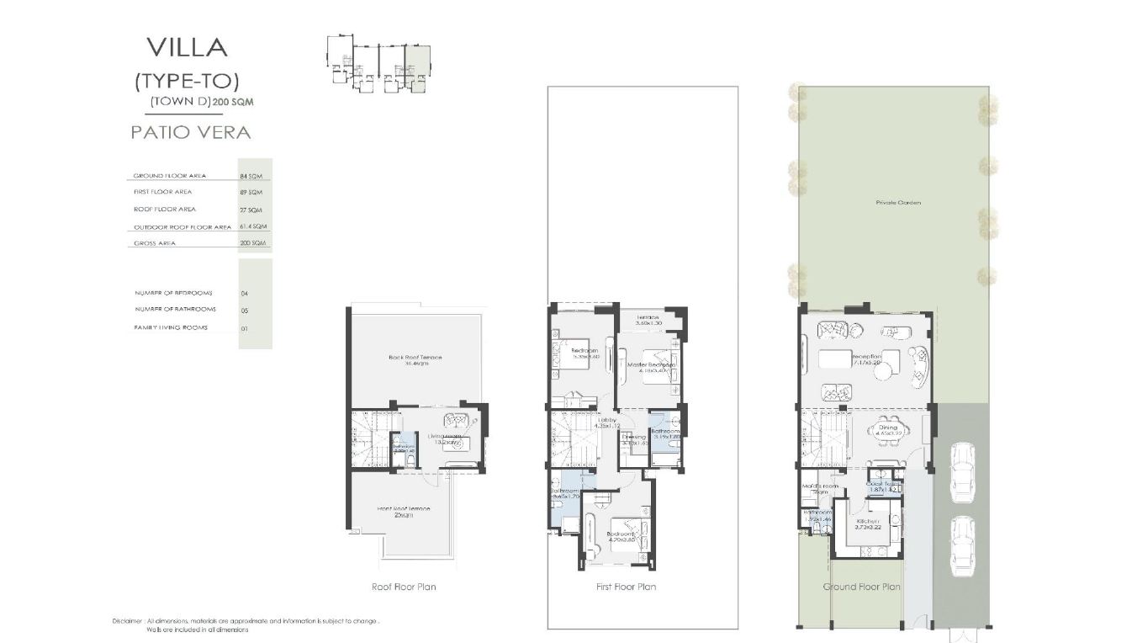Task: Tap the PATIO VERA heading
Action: [x=191, y=132]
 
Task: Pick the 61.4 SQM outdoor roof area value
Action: [x=253, y=227]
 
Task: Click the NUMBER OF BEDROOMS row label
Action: [x=173, y=293]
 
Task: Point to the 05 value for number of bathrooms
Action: [x=245, y=311]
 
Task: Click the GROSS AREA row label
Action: [x=155, y=243]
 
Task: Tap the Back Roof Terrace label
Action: [x=415, y=358]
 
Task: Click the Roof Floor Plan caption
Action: [x=404, y=587]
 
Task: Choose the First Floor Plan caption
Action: [x=626, y=587]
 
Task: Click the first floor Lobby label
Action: [x=606, y=420]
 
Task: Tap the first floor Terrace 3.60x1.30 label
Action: [x=648, y=319]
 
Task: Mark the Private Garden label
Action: [x=897, y=203]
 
